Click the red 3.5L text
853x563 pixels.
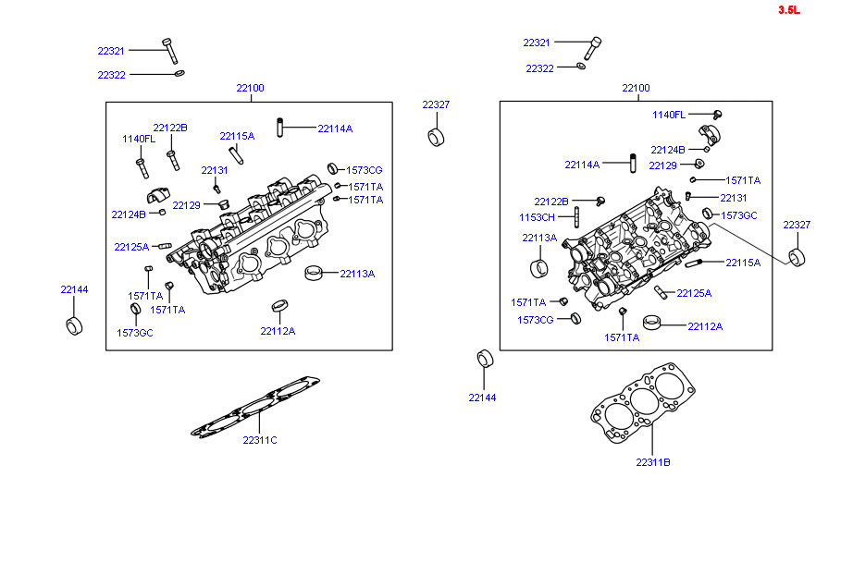pyautogui.click(x=788, y=10)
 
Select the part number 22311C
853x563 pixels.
pyautogui.click(x=260, y=440)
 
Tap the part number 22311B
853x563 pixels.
pyautogui.click(x=652, y=462)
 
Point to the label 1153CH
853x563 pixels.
pyautogui.click(x=537, y=218)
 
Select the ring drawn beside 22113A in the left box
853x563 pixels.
pyautogui.click(x=316, y=273)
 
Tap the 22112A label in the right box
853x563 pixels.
pyautogui.click(x=705, y=326)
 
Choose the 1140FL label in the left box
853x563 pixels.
pyautogui.click(x=139, y=139)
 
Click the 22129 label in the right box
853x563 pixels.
pyautogui.click(x=662, y=165)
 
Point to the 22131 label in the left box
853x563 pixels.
pyautogui.click(x=214, y=170)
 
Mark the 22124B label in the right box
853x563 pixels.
pyautogui.click(x=668, y=150)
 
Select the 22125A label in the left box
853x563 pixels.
pyautogui.click(x=131, y=247)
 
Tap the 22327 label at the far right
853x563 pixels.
pyautogui.click(x=797, y=225)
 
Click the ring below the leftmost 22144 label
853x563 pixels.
pyautogui.click(x=74, y=327)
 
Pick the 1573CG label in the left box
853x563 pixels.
pyautogui.click(x=364, y=170)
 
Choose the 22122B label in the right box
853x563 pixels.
pyautogui.click(x=551, y=201)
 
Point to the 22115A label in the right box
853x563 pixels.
pyautogui.click(x=742, y=263)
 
